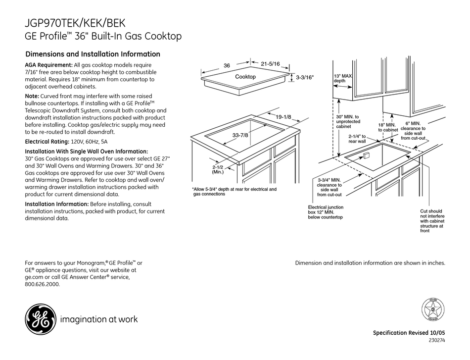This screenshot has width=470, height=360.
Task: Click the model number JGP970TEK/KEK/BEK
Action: click(x=75, y=23)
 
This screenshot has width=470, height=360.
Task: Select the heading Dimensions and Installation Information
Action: click(x=93, y=54)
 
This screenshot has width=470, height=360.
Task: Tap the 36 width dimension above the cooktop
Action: click(x=227, y=65)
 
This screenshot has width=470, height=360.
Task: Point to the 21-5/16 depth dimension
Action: click(x=270, y=63)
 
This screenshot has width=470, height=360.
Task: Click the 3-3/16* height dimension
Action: click(x=305, y=77)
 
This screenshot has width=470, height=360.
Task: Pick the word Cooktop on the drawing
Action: click(x=245, y=77)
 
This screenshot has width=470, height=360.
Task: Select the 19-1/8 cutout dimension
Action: click(x=283, y=117)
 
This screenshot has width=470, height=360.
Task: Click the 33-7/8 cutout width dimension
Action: click(x=240, y=135)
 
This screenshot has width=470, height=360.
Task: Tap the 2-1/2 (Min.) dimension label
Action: click(x=218, y=169)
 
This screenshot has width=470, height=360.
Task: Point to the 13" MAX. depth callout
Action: click(x=342, y=78)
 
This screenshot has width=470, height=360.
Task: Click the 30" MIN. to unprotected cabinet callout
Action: click(x=348, y=122)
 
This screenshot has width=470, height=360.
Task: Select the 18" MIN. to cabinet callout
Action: click(x=388, y=127)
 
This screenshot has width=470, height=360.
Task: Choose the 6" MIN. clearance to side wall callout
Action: click(x=413, y=130)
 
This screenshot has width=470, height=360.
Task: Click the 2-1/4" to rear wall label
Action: click(x=357, y=139)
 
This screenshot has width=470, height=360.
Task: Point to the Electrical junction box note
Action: click(x=325, y=212)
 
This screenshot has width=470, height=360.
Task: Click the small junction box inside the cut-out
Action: click(x=367, y=156)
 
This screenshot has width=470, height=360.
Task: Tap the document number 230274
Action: click(x=436, y=341)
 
